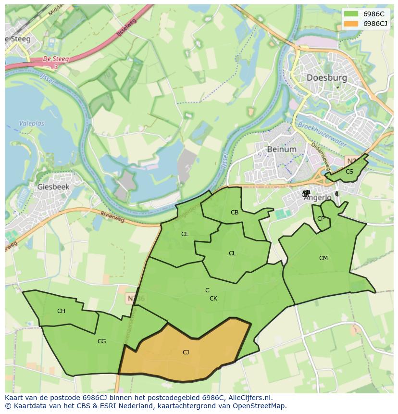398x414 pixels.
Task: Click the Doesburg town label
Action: coord(326,77)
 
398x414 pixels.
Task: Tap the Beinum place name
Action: coord(282,149)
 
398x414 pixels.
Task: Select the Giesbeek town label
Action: coord(53,187)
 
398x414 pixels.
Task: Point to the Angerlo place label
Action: coord(318,197)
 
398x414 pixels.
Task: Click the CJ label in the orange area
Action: coord(186,352)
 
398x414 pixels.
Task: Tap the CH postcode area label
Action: coord(61,311)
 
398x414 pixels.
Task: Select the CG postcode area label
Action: coord(101,341)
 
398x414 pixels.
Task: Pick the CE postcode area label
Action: coord(185,234)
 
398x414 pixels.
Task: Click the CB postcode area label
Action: coord(235,213)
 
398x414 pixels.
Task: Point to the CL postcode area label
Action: coord(232,253)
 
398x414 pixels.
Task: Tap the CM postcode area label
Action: coord(323,258)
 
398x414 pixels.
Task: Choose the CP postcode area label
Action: coord(321,219)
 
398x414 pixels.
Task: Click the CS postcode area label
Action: coord(349,172)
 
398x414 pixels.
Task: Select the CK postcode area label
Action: coord(213,299)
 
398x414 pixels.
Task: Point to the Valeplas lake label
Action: coord(31,124)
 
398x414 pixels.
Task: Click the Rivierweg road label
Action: coord(112,217)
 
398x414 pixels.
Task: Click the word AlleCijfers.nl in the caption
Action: coord(248,398)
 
